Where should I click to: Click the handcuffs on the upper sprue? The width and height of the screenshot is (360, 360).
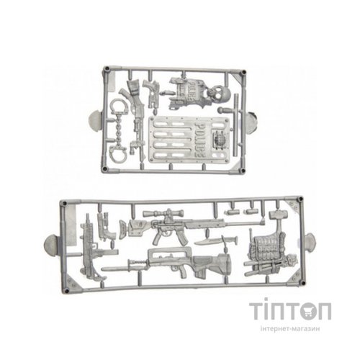[118, 131]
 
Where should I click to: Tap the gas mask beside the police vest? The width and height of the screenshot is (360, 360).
[216, 95]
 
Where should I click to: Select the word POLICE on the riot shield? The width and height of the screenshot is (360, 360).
[201, 139]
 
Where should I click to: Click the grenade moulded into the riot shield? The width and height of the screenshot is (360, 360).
[219, 140]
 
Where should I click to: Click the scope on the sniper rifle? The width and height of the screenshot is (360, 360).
[163, 213]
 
